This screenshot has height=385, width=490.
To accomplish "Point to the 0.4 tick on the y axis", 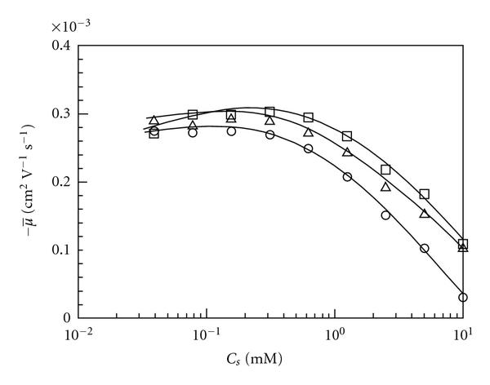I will click(61, 45).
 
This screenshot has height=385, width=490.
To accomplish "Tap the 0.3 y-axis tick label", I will click(61, 114).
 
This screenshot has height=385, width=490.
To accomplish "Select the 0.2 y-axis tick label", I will click(61, 183).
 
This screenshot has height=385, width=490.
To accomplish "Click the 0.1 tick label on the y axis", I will click(61, 250).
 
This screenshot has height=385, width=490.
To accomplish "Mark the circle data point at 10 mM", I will click(463, 298).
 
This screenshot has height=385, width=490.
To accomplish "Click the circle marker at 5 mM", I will click(425, 248).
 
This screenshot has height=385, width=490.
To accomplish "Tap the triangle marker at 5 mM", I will click(425, 213).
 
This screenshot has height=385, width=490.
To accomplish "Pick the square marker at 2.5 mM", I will click(385, 170).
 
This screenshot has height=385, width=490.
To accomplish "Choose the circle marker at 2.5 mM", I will click(385, 215).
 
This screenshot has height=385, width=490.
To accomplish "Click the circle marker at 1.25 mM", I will click(347, 177).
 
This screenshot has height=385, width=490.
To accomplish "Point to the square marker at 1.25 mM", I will click(347, 136).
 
